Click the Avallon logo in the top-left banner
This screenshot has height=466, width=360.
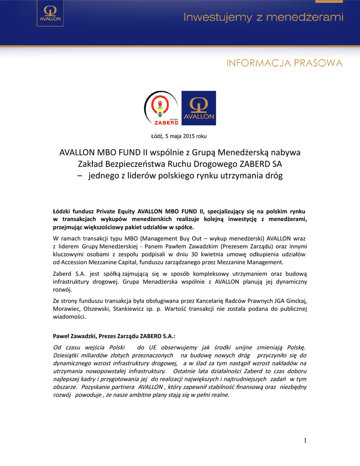point(49,17)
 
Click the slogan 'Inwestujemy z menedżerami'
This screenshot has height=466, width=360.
point(264,18)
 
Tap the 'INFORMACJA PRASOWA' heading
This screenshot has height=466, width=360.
point(284,63)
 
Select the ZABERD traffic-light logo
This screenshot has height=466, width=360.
point(161,108)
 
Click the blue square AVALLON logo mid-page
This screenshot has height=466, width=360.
point(198,108)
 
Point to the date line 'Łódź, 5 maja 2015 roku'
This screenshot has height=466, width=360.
point(179,136)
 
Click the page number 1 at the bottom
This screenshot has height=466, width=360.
point(305,440)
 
